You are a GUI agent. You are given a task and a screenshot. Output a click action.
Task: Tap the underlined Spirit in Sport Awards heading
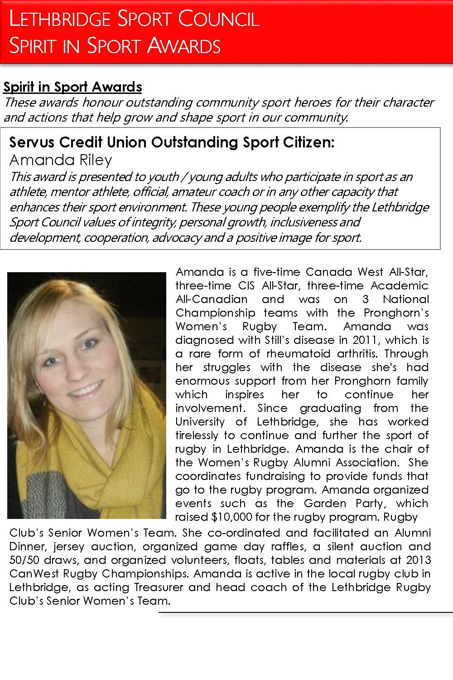click(x=72, y=87)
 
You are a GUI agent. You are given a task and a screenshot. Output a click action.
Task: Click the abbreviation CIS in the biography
click(x=247, y=285)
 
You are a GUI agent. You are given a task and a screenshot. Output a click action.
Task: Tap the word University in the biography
click(x=200, y=421)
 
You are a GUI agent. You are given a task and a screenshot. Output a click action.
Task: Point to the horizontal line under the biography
click(x=306, y=612)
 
